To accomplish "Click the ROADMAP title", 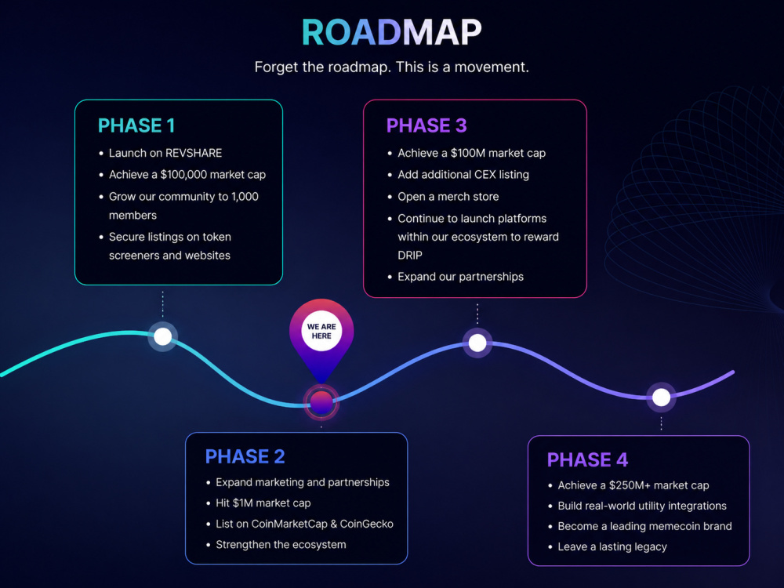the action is (391, 32).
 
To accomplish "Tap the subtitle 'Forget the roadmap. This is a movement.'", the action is (391, 67).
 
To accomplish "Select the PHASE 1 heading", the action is (136, 125).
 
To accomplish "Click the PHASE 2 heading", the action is (245, 456).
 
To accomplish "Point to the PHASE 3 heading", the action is (426, 125).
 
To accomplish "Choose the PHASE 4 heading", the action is (587, 459).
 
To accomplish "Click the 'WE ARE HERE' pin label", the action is (321, 331).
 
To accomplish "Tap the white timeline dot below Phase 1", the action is (162, 336).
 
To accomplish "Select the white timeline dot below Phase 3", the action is (477, 343).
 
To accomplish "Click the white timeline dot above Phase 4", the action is (662, 397).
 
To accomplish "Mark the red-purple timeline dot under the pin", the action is (321, 402).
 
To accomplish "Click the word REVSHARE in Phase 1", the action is (194, 153).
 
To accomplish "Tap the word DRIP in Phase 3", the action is (410, 256).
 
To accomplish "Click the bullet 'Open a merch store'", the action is (448, 197).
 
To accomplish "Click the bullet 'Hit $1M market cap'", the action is (263, 503).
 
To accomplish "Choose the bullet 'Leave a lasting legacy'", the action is (612, 547).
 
